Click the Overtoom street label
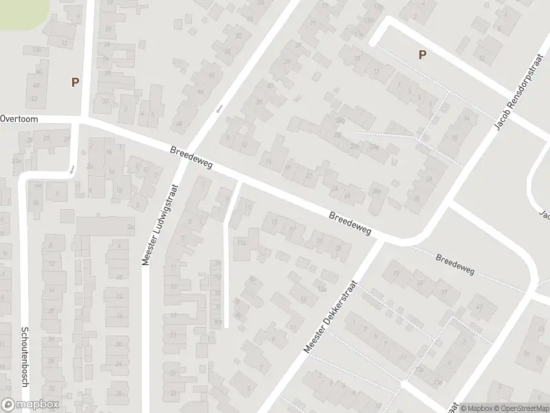[x=19, y=118]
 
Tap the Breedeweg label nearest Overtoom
[x=192, y=157]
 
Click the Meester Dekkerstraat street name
[x=332, y=317]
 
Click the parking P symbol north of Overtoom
[x=75, y=82]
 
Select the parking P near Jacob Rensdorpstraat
[x=422, y=55]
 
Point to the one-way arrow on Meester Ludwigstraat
[x=220, y=109]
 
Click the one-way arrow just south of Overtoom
[x=71, y=169]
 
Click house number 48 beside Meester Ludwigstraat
[x=179, y=124]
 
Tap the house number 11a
[x=241, y=242]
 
